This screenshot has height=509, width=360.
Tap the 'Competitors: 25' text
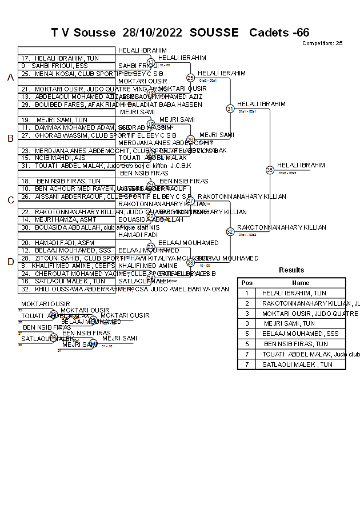point(322,43)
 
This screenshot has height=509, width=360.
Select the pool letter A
point(10,78)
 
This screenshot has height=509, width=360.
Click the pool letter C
point(10,200)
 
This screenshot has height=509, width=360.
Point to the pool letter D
point(10,262)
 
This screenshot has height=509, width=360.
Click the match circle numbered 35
point(270,170)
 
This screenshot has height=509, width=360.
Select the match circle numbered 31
point(230,109)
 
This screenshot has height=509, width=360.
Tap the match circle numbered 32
point(230,231)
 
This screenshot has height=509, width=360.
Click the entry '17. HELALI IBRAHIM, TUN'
point(59,58)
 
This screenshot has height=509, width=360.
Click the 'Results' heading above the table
point(291,270)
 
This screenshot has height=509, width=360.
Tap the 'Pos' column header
point(247,283)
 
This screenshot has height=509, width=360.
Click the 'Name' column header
point(301,283)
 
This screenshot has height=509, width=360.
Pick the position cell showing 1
point(247,293)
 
